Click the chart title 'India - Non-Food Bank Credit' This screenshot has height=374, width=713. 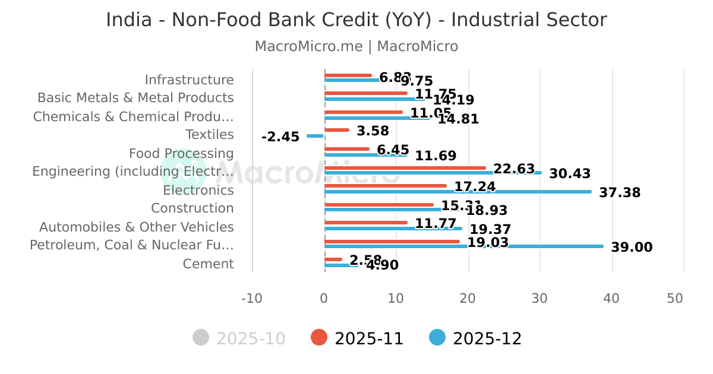tap(356, 20)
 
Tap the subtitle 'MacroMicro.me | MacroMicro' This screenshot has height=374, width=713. tap(356, 46)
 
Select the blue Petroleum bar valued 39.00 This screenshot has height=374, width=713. tap(463, 246)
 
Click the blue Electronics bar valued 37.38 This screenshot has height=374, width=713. tap(458, 191)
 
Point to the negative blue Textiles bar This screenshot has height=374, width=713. tap(316, 136)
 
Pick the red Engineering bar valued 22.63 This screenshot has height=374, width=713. tap(405, 168)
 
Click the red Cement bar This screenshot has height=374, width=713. tap(333, 259)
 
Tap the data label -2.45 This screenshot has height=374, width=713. tap(280, 137)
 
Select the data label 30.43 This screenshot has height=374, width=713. tap(570, 174)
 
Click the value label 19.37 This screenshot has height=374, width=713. tap(490, 229)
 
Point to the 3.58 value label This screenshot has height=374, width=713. tap(373, 131)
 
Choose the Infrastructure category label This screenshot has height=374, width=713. tap(189, 80)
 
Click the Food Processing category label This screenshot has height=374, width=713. tap(181, 154)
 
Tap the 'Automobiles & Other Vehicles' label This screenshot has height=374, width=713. tap(137, 227)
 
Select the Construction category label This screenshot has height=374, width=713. tap(192, 208)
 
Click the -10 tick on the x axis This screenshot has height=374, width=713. tap(251, 298)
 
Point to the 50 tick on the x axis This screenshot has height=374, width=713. tap(675, 298)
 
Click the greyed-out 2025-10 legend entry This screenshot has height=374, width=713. tap(239, 338)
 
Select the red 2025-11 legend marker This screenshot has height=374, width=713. tap(319, 338)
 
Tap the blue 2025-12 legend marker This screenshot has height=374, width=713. tap(437, 338)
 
